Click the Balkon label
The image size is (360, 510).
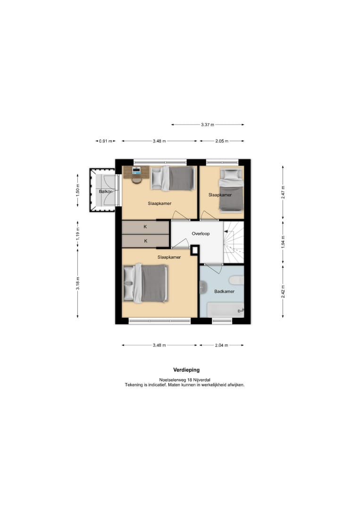coord(106,192)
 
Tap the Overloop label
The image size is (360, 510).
coord(201,234)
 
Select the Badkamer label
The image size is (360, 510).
coord(224,291)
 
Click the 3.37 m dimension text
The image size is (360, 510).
coord(208,125)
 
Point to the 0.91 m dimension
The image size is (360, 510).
coord(106,141)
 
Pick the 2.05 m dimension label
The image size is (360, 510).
coord(222,141)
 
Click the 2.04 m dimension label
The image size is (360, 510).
coord(222,345)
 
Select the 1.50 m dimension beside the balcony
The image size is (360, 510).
coord(78,192)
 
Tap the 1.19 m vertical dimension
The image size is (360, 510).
coord(78,234)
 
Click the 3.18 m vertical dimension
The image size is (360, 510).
coord(78,283)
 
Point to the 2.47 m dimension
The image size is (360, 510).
coord(283,192)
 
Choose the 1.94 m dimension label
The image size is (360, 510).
coord(283,242)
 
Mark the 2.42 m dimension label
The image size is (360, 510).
coord(283,291)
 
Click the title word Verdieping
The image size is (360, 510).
coord(186,370)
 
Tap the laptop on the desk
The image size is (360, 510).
coord(136,170)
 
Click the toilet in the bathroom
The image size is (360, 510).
coord(236,280)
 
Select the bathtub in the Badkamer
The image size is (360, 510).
coord(226,310)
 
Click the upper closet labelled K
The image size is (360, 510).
coord(146,227)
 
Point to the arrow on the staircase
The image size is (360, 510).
coord(226,231)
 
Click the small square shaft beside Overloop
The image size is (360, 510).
coord(194,250)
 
